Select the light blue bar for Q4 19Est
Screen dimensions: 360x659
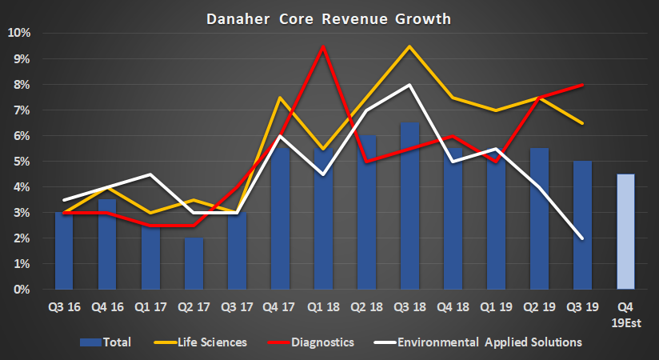(625, 231)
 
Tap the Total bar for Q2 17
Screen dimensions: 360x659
(194, 264)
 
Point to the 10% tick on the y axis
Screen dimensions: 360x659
(19, 34)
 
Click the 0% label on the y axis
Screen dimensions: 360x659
(22, 290)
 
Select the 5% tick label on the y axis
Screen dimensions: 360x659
(22, 162)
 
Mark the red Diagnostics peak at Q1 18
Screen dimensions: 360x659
(323, 46)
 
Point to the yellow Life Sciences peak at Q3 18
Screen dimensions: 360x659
(409, 46)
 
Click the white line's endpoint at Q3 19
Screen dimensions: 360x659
(582, 238)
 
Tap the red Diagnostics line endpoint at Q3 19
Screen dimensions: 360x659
(582, 85)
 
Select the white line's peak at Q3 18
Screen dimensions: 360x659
(409, 85)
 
